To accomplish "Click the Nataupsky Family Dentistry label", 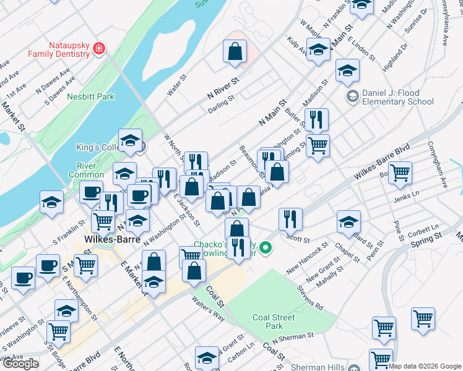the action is tap(58, 49).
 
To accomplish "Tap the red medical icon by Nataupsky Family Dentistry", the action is tap(99, 49).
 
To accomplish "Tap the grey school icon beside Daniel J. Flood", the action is tap(353, 96).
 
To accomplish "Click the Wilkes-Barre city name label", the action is tap(108, 239).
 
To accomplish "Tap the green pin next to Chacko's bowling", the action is tap(266, 249).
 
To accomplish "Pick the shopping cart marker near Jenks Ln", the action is tap(400, 173).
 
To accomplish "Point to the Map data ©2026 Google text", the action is tap(425, 366).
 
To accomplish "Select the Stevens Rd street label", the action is tap(309, 296).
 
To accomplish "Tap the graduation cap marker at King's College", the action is tap(130, 140).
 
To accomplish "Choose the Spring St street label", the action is tap(427, 237).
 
